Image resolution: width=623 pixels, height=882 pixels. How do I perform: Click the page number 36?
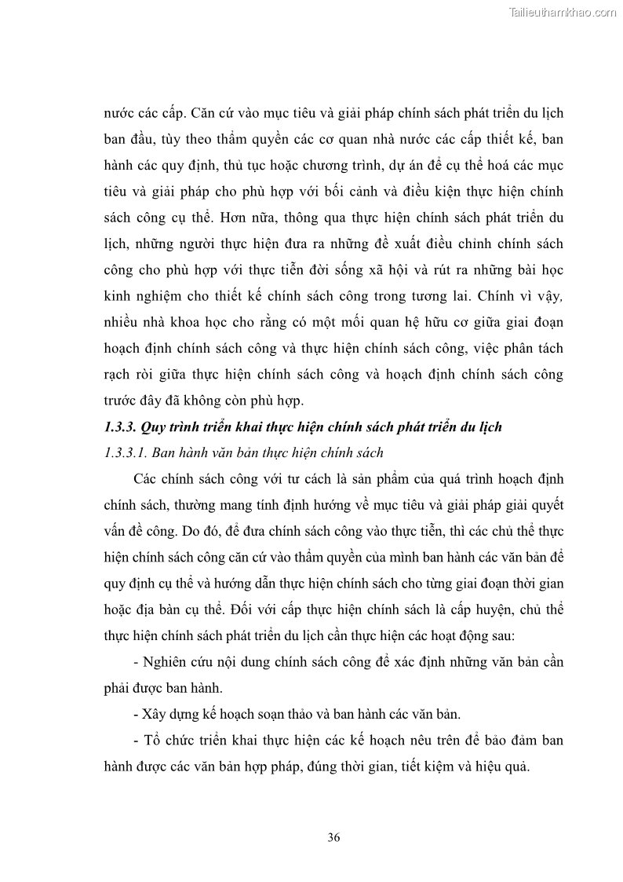333,837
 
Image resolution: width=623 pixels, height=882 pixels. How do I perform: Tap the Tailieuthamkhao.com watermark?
563,13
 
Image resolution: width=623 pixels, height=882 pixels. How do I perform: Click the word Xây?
155,714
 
